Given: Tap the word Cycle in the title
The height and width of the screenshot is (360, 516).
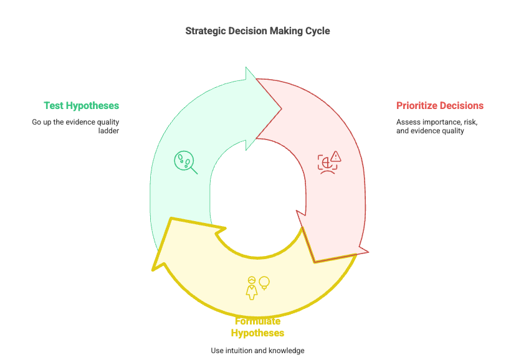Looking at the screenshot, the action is click(x=317, y=31).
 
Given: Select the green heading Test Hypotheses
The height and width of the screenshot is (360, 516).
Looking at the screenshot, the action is click(x=81, y=106).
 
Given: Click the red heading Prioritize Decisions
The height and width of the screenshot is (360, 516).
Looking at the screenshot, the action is click(x=440, y=106).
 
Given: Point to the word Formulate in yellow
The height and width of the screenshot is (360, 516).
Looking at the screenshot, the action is click(x=257, y=321).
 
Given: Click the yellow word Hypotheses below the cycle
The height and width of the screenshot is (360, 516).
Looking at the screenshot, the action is click(x=257, y=333).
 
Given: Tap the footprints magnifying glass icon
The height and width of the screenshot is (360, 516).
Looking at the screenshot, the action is click(x=185, y=162).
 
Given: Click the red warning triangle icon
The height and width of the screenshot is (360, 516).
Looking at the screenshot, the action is click(x=337, y=156).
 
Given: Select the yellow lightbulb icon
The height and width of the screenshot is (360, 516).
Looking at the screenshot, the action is click(x=264, y=283).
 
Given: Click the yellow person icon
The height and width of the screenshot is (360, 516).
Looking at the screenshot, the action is click(x=252, y=288).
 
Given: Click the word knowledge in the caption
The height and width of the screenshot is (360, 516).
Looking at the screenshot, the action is click(x=287, y=351).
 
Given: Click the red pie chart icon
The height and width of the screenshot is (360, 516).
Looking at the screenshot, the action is click(x=325, y=163).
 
